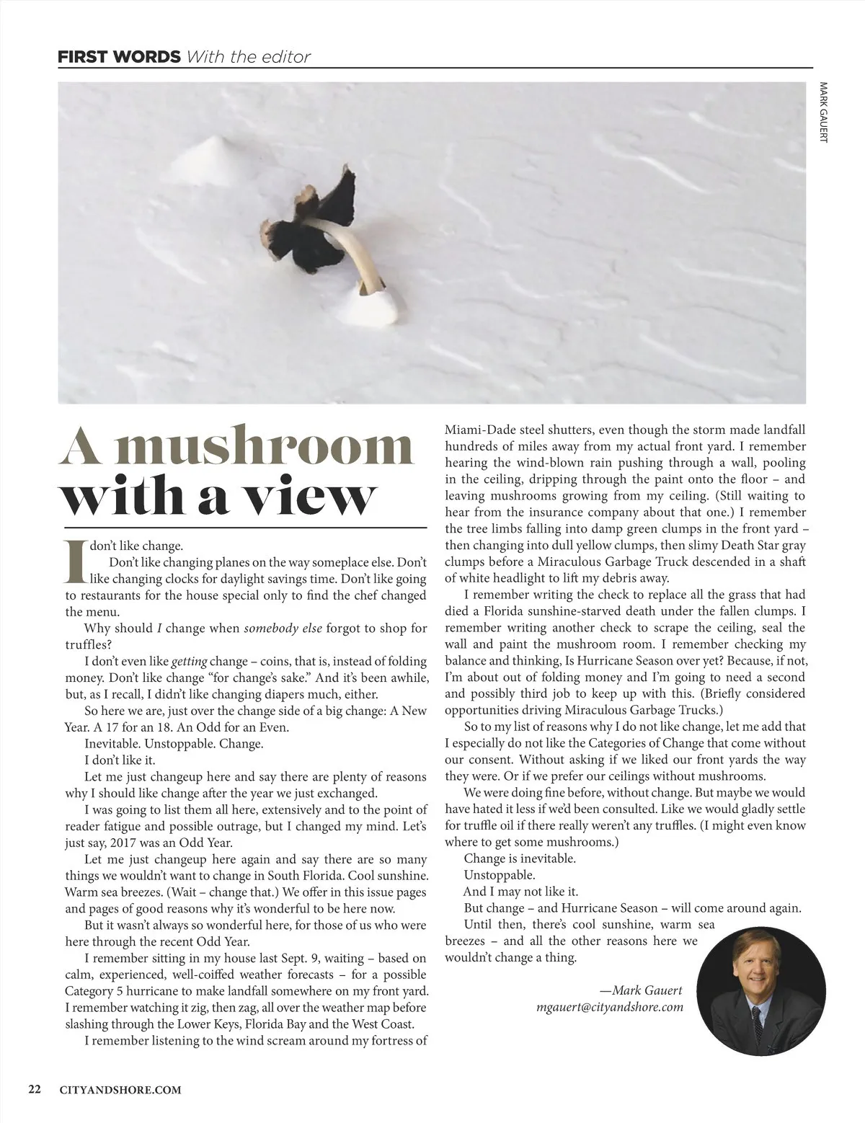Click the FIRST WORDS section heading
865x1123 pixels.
pyautogui.click(x=119, y=56)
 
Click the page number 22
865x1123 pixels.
pyautogui.click(x=35, y=1090)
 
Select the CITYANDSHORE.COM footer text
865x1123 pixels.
pyautogui.click(x=120, y=1090)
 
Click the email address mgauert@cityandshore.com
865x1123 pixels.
pyautogui.click(x=610, y=1007)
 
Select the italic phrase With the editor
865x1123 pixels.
pyautogui.click(x=248, y=56)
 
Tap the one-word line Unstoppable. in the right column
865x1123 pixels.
pyautogui.click(x=500, y=875)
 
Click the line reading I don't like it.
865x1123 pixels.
pyautogui.click(x=120, y=760)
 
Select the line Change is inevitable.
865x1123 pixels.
pyautogui.click(x=520, y=858)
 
